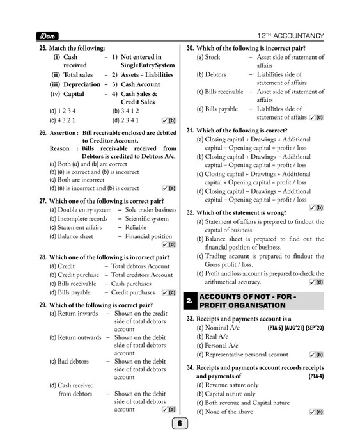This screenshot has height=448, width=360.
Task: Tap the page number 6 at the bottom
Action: [x=180, y=423]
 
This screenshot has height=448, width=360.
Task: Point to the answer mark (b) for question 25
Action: [x=169, y=120]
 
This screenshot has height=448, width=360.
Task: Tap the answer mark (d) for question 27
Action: [x=169, y=244]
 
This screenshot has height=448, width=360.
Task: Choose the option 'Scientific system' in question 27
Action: [x=146, y=219]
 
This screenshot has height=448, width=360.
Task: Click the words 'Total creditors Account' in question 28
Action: [x=142, y=275]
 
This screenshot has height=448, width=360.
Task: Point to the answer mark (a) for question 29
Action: [x=169, y=409]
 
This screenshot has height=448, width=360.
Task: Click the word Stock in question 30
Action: [x=212, y=58]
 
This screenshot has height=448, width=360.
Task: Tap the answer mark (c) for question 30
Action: [x=316, y=118]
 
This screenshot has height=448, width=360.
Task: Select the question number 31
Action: [x=190, y=131]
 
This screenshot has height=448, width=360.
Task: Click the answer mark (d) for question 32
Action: [x=316, y=282]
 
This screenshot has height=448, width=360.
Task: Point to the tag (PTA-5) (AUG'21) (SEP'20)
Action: [x=295, y=327]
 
